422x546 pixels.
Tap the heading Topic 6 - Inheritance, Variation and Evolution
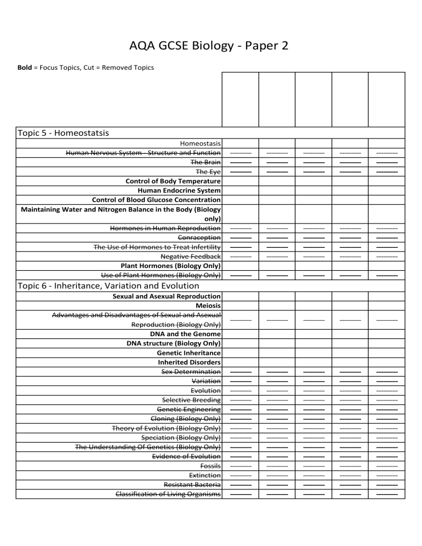[108, 285]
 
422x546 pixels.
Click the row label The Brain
[206, 162]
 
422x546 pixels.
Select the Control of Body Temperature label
[173, 181]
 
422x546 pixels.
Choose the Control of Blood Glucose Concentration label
[157, 199]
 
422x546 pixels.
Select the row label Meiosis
[208, 305]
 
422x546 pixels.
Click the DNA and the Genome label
[185, 333]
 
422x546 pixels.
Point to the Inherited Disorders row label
[189, 362]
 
